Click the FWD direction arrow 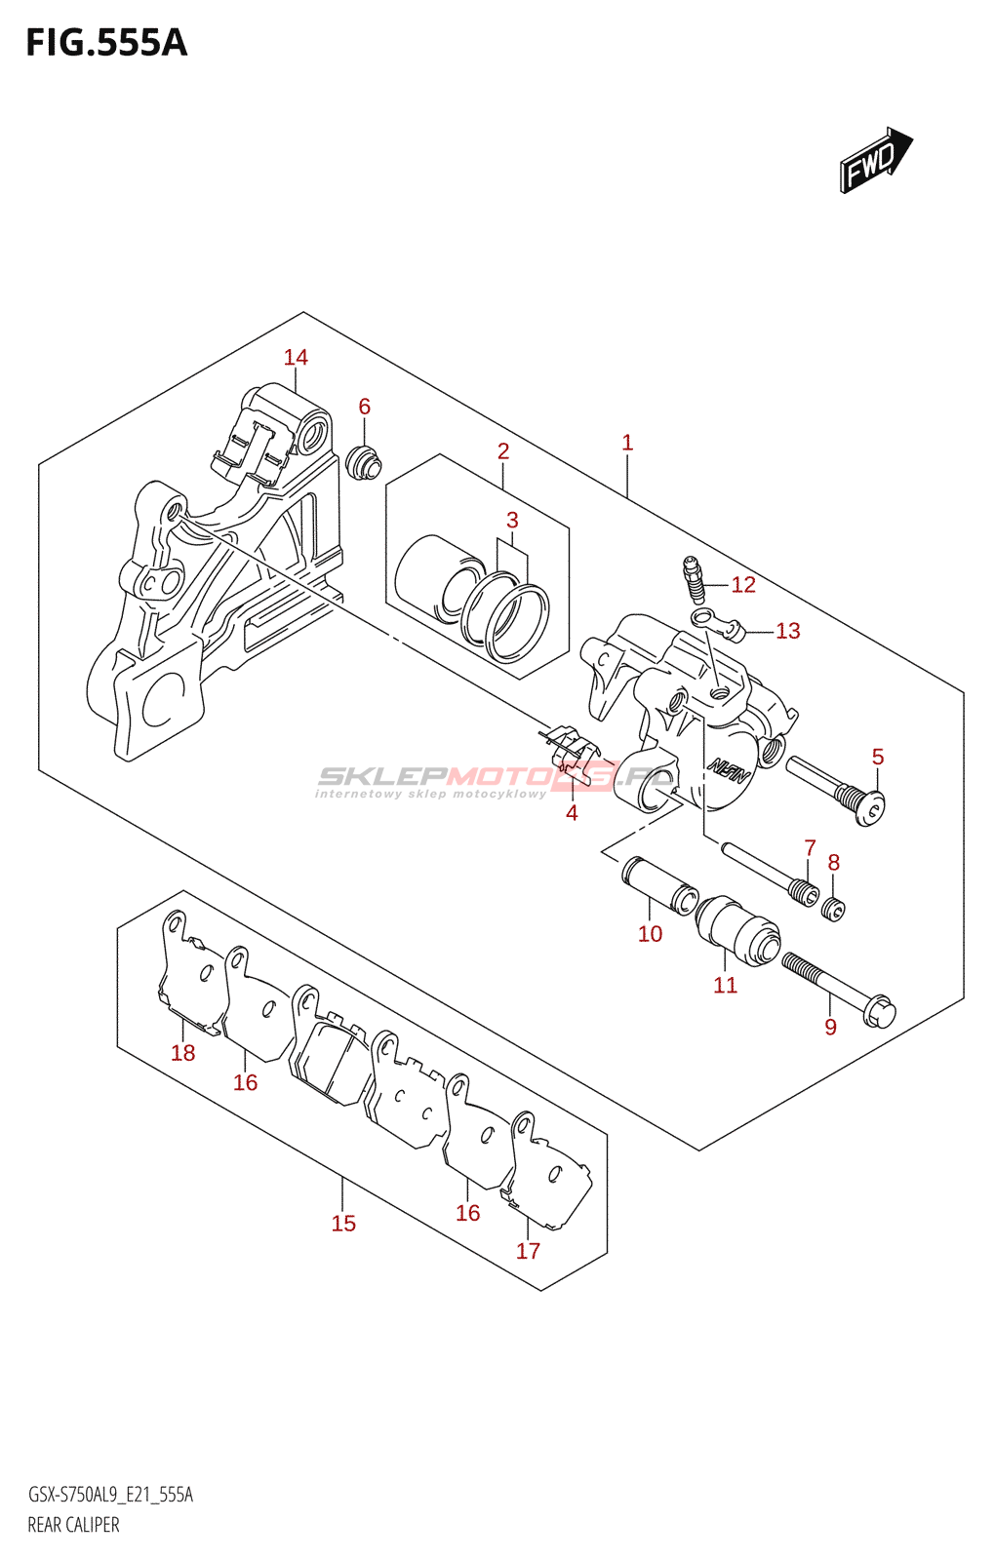(874, 160)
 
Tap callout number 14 (296, 358)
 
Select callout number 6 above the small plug (364, 407)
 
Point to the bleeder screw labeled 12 (695, 577)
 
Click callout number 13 (787, 631)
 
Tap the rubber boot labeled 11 (737, 930)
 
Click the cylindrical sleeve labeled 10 (660, 883)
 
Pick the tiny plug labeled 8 (833, 910)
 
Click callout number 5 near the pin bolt (877, 757)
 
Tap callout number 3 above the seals (512, 520)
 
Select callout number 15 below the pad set (343, 1224)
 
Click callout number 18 (182, 1053)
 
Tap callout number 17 (528, 1251)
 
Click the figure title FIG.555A (106, 43)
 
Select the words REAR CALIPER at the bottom (73, 1525)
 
